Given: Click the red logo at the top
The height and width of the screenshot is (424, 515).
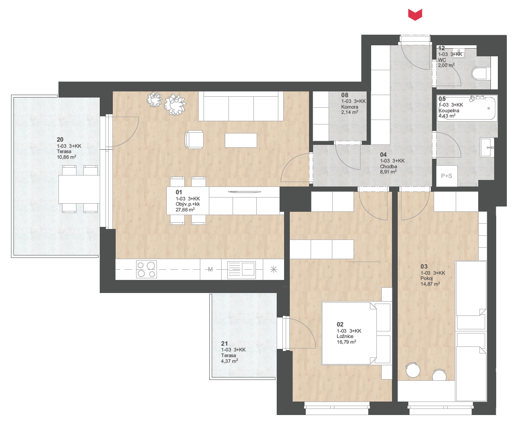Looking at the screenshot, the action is click(x=415, y=15).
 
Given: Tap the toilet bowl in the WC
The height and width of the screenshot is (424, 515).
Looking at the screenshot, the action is click(x=479, y=73).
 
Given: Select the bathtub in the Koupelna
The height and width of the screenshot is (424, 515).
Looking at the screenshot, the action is click(x=467, y=108).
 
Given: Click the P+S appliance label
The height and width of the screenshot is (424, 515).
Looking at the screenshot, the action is click(x=446, y=176).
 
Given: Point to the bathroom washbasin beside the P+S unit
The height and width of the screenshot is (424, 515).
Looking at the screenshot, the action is click(x=487, y=147).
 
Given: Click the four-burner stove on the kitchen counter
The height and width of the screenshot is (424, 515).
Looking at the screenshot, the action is click(x=146, y=269).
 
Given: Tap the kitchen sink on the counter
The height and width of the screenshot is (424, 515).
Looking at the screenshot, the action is click(x=241, y=270).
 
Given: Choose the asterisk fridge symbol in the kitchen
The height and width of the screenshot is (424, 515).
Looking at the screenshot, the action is click(x=273, y=270).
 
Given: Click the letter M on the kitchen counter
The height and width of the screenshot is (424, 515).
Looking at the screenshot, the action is click(x=210, y=270).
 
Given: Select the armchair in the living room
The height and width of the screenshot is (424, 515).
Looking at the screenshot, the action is click(x=195, y=140).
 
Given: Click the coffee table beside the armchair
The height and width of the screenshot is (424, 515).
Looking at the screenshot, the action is click(x=241, y=140).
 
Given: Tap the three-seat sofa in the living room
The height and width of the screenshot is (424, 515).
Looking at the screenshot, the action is click(x=241, y=106).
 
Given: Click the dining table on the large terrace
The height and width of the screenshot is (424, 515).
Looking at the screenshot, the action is click(x=79, y=189).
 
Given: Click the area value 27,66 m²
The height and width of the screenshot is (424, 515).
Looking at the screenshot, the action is click(x=185, y=210).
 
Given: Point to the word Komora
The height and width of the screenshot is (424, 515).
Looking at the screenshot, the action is click(x=349, y=107).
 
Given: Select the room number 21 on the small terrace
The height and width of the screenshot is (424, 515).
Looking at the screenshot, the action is click(x=224, y=344).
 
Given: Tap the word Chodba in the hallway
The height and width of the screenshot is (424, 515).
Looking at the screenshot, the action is click(x=388, y=166).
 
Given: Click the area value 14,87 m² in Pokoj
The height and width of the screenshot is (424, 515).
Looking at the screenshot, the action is click(x=430, y=284).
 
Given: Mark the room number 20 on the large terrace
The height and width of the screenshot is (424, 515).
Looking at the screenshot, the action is click(x=60, y=140).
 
